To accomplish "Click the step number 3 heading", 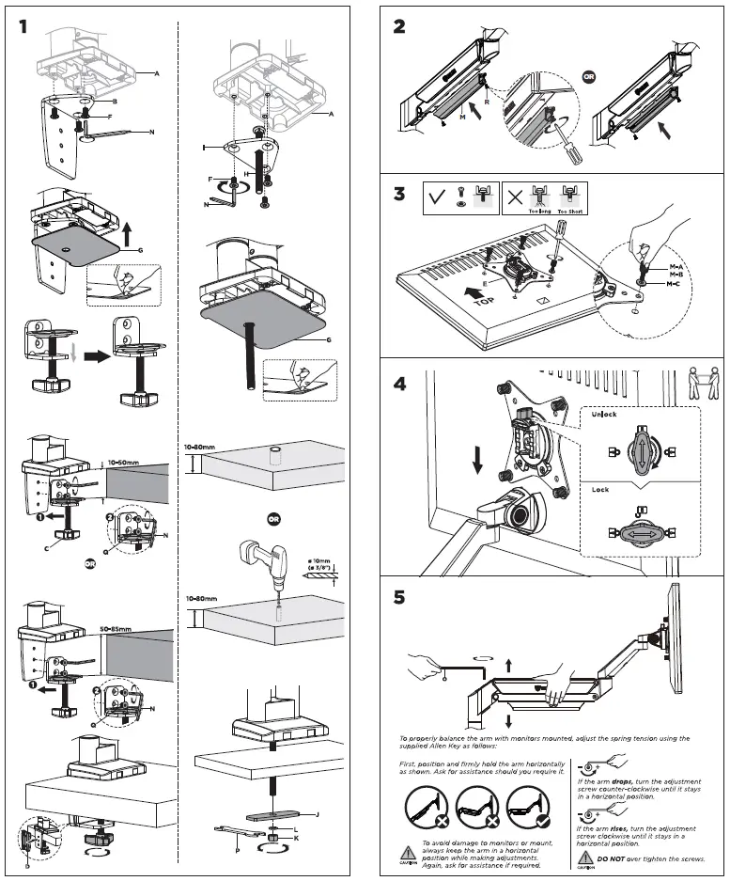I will pyautogui.click(x=399, y=197).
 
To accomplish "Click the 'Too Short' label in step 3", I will pyautogui.click(x=570, y=212).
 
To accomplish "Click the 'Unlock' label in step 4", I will pyautogui.click(x=604, y=414).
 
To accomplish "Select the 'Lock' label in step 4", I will pyautogui.click(x=600, y=490).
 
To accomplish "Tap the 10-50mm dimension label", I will pyautogui.click(x=123, y=463).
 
